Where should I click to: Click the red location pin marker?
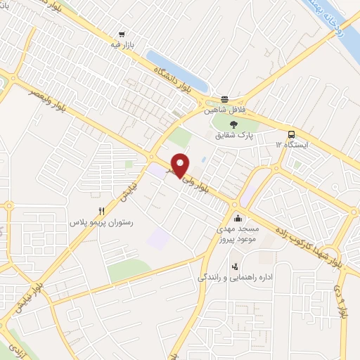point(181,165)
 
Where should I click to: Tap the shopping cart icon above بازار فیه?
point(123,33)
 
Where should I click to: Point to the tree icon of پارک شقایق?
point(233,124)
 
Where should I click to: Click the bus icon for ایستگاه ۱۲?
point(290,134)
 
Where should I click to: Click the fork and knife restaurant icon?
point(102,210)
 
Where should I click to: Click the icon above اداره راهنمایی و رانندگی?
point(235,266)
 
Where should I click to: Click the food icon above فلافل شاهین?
point(224,100)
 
